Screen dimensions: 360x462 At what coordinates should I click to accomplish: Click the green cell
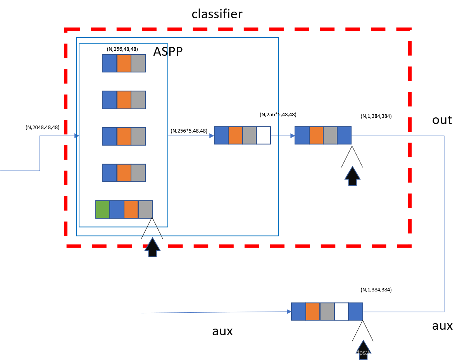(103, 209)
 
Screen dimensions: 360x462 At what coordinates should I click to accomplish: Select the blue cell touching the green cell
(117, 209)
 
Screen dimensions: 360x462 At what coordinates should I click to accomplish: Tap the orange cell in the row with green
(131, 209)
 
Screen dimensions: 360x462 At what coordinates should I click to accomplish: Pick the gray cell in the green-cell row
(145, 209)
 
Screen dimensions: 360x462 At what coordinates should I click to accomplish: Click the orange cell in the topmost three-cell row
(124, 63)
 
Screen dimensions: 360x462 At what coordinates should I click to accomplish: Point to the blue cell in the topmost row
(110, 63)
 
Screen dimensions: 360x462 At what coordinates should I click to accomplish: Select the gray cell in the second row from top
(138, 100)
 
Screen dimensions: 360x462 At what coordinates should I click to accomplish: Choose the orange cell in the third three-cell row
(124, 136)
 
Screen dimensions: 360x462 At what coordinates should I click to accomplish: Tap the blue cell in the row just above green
(110, 173)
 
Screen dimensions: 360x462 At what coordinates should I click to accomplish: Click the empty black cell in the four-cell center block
(264, 135)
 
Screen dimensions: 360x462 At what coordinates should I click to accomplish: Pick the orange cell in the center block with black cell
(235, 135)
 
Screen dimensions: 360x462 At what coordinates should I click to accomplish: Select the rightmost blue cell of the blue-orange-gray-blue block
(344, 135)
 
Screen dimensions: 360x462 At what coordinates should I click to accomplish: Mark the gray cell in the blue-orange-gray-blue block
(330, 135)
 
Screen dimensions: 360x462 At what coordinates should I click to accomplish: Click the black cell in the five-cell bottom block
(341, 312)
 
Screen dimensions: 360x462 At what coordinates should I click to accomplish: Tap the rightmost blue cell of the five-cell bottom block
(356, 312)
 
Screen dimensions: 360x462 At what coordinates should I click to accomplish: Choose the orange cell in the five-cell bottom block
(313, 312)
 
